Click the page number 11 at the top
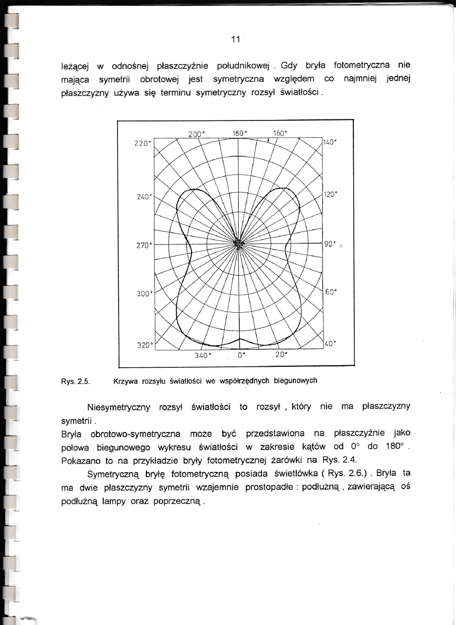235,40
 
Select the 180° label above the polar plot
241,133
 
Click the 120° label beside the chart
330,194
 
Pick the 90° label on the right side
329,244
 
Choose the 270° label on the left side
144,245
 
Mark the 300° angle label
144,293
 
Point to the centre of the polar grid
239,243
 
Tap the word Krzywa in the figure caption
125,381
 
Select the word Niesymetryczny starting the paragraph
119,407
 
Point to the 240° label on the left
144,196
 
